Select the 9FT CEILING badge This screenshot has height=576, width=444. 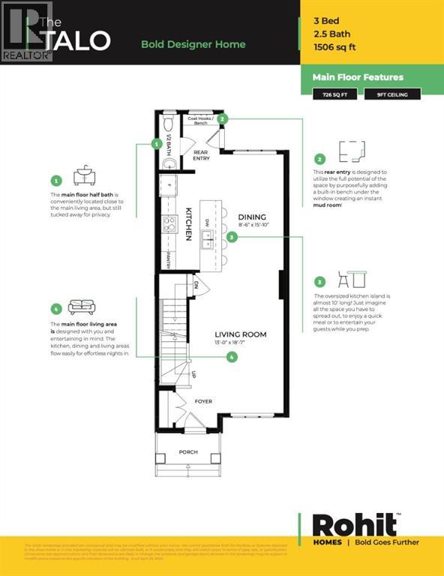pyautogui.click(x=392, y=94)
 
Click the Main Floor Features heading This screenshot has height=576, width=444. pyautogui.click(x=358, y=77)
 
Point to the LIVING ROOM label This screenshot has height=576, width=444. pyautogui.click(x=240, y=334)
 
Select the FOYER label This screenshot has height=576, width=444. pyautogui.click(x=204, y=401)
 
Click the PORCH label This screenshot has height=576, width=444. pyautogui.click(x=188, y=452)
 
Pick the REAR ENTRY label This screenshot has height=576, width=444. pyautogui.click(x=200, y=155)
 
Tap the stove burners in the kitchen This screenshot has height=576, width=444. pyautogui.click(x=169, y=224)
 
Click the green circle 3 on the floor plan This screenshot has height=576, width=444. pyautogui.click(x=232, y=237)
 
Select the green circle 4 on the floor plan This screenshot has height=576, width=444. pyautogui.click(x=232, y=358)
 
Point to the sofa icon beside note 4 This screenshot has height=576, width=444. pyautogui.click(x=81, y=307)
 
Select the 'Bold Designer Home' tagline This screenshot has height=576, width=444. pyautogui.click(x=193, y=44)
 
